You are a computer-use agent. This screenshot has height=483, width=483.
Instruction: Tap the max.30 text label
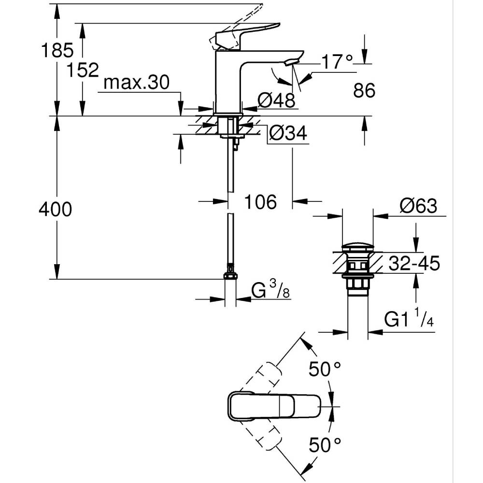137,83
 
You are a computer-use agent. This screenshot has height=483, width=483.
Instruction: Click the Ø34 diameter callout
288,133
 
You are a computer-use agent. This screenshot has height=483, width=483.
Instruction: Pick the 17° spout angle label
337,62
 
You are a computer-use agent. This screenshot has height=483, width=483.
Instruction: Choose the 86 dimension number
364,90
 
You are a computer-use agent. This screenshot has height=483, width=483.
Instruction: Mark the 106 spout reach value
260,202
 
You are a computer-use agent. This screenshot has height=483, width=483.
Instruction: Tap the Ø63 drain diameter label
418,206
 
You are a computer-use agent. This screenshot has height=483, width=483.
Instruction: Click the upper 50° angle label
325,370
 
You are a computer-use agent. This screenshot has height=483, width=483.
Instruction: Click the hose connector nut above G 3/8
230,274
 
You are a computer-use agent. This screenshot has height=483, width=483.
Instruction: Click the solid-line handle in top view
274,406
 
